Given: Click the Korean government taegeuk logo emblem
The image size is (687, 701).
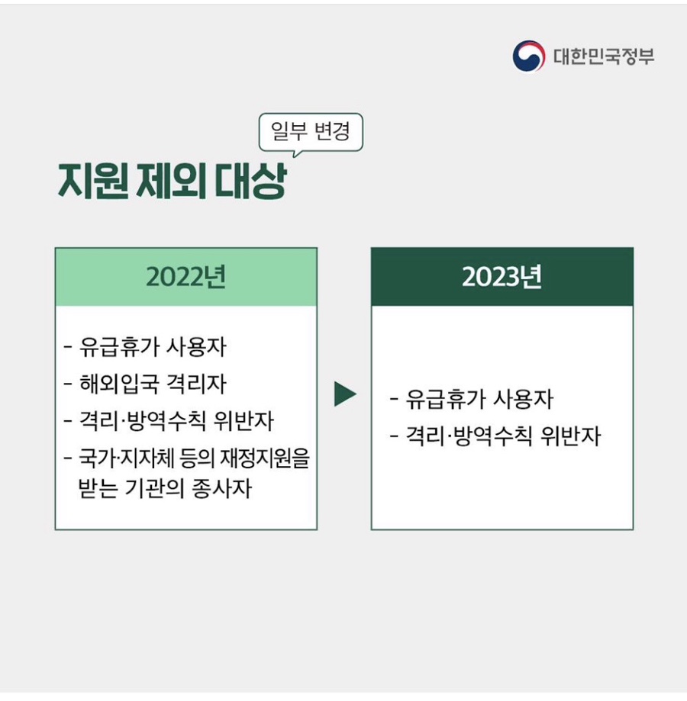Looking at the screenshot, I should (528, 56).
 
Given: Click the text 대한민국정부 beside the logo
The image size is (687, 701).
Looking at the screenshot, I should (603, 56).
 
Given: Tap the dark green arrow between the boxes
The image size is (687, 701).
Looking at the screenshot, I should (345, 394).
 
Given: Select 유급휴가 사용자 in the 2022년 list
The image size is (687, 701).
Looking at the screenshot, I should (152, 348).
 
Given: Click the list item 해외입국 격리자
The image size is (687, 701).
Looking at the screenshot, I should (152, 384).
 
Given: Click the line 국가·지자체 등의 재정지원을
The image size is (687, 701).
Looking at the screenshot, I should (194, 459).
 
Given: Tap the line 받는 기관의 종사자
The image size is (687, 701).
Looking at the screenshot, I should (165, 487).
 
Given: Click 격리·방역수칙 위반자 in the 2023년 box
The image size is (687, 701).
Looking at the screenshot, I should (503, 436).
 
